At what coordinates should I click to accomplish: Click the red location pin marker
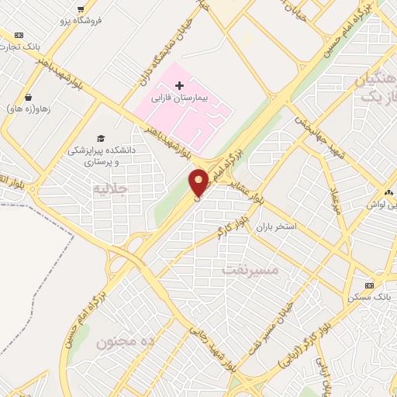point(198,182)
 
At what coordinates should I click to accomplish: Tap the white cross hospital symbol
point(179,85)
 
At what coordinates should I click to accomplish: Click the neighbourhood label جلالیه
point(109,188)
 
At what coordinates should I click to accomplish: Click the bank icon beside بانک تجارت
point(19,35)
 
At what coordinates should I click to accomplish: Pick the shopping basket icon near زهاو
point(29,98)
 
